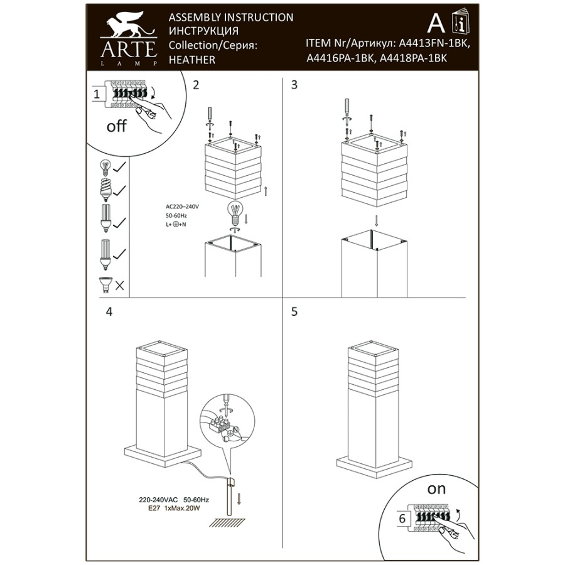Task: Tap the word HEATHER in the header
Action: pos(192,60)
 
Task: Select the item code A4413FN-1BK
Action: pos(434,45)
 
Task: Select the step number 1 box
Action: pos(97,95)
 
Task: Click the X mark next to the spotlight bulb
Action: pos(120,286)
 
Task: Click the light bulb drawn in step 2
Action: pos(235,213)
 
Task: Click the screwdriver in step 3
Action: pos(346,109)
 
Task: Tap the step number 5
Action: pos(294,312)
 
